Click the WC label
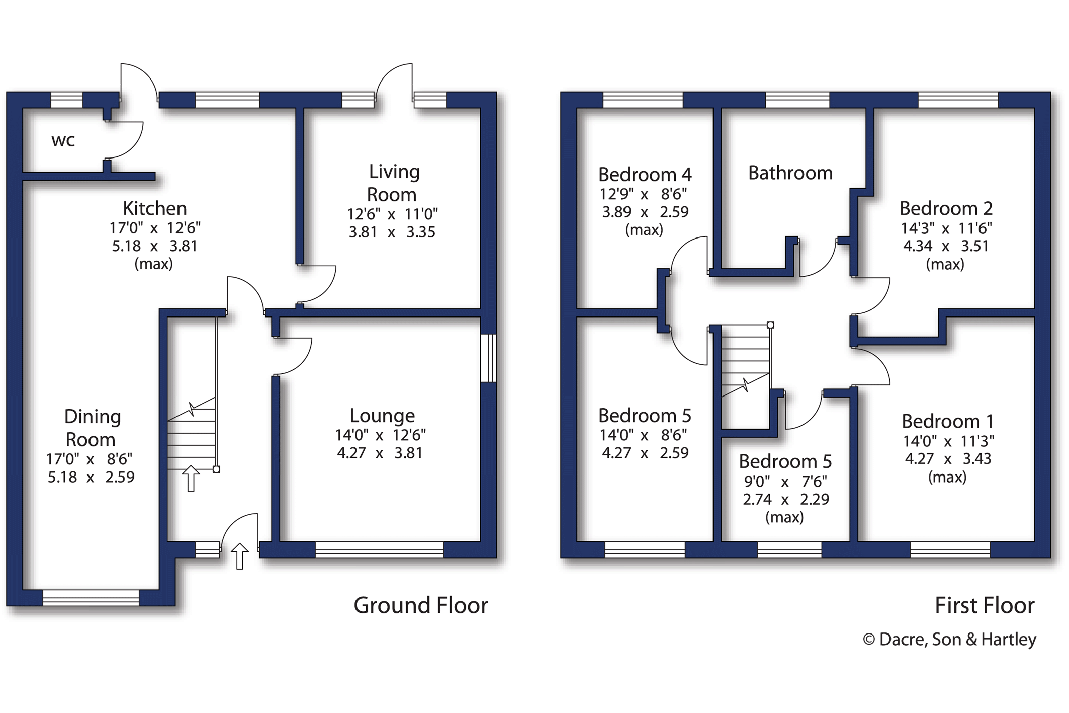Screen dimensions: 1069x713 click(x=63, y=140)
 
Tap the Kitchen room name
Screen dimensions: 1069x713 click(x=155, y=208)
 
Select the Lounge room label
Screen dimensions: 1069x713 click(x=382, y=416)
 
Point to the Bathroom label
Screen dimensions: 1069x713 click(x=790, y=173)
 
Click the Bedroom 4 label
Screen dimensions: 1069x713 click(x=645, y=175)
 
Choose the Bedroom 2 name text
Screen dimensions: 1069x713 click(x=946, y=208)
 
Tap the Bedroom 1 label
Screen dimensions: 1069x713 click(x=947, y=421)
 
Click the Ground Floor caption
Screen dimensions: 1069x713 click(x=420, y=605)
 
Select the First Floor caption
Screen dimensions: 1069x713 click(x=984, y=605)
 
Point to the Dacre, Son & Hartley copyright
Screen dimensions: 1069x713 click(x=949, y=639)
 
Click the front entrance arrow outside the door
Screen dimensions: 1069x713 click(x=240, y=556)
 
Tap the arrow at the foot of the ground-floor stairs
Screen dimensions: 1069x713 click(x=191, y=478)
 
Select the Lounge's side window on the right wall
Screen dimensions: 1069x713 click(x=488, y=358)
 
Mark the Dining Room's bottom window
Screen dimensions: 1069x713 click(x=91, y=598)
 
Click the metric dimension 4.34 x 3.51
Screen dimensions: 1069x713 click(x=946, y=246)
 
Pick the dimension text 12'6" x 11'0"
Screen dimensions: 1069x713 click(x=392, y=214)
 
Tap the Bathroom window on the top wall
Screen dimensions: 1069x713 click(x=797, y=100)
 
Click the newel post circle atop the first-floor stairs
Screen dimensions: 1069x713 click(x=770, y=325)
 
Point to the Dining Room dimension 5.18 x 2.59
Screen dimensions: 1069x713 click(x=91, y=477)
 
